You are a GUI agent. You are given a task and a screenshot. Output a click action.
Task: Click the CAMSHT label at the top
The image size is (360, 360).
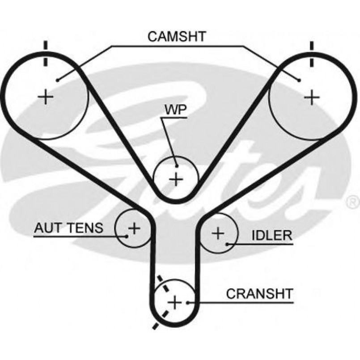pyautogui.click(x=177, y=37)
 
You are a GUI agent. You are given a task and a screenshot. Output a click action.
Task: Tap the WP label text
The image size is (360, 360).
pyautogui.click(x=176, y=110)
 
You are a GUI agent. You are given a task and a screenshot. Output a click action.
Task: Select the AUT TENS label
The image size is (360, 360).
pyautogui.click(x=69, y=228)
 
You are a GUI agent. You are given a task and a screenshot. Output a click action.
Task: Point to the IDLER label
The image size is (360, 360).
pyautogui.click(x=272, y=235)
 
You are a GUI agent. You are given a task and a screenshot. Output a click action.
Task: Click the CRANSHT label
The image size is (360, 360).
pyautogui.click(x=260, y=294)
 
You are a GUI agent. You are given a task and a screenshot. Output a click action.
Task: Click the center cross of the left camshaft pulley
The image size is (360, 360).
pyautogui.click(x=46, y=97)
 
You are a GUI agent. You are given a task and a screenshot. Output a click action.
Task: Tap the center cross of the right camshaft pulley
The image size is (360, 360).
pyautogui.click(x=312, y=97)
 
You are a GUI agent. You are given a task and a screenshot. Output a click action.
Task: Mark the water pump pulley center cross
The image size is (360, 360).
pyautogui.click(x=176, y=179)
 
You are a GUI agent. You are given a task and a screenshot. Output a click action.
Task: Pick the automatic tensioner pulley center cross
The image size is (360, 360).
pyautogui.click(x=134, y=228)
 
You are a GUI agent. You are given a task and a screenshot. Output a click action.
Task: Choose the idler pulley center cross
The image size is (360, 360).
pyautogui.click(x=218, y=233)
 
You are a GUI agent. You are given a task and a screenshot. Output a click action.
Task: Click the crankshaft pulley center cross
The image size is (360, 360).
pyautogui.click(x=175, y=302)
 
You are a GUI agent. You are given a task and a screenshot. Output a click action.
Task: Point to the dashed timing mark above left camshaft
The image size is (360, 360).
pyautogui.click(x=46, y=53)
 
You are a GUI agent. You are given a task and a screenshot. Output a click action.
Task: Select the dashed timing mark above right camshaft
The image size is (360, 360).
pyautogui.click(x=312, y=54)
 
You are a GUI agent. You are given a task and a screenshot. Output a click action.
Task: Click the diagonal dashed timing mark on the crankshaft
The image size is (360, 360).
pyautogui.click(x=163, y=303)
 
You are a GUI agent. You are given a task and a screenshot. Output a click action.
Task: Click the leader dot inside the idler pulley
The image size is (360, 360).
pyautogui.click(x=227, y=244)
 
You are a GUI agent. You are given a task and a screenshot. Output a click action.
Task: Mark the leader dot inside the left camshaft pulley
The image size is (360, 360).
pyautogui.click(x=58, y=80)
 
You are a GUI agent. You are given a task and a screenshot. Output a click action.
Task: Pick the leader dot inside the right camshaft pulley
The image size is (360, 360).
pyautogui.click(x=299, y=80)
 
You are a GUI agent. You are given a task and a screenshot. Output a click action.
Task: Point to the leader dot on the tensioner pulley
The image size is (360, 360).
pyautogui.click(x=126, y=236)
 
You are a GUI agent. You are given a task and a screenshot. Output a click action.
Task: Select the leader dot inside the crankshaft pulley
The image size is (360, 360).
pyautogui.click(x=187, y=303)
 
